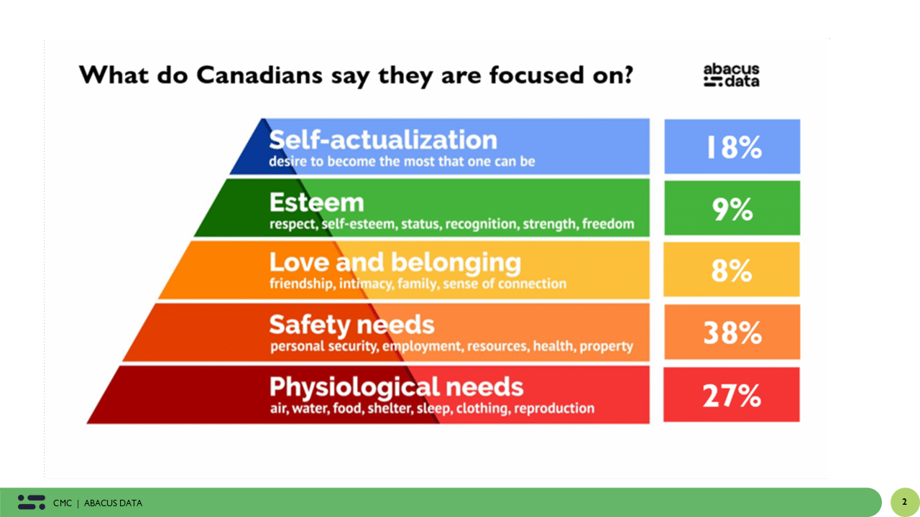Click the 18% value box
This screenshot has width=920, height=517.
point(732,146)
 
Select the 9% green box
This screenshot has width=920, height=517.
point(732,208)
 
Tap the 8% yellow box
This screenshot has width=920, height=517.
point(732,271)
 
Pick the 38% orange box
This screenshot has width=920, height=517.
point(732,332)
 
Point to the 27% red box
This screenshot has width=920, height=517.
point(732,395)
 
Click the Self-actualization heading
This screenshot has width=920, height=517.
point(383,139)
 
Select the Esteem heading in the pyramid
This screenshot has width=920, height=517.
point(316,202)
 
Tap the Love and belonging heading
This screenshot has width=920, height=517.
point(395,263)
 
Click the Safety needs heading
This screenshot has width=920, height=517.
point(351,325)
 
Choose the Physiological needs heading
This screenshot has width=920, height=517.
point(396,387)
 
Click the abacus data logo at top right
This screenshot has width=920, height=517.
point(731,75)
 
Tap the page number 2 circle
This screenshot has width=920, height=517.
point(904,502)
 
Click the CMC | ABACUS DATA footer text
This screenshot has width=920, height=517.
point(98,503)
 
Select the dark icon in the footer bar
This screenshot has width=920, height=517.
point(32,502)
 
